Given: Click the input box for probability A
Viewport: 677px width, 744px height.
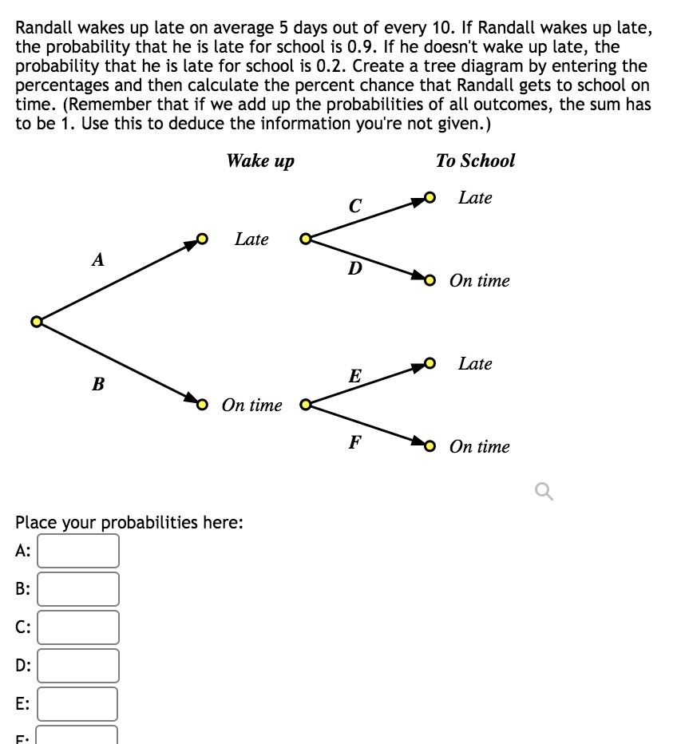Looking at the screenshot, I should (78, 551).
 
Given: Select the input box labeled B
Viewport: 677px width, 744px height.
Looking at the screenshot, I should (78, 589).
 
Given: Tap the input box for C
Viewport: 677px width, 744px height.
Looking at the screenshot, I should (78, 627).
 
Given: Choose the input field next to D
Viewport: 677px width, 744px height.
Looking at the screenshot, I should (78, 666).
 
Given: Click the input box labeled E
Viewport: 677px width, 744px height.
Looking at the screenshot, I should (78, 704).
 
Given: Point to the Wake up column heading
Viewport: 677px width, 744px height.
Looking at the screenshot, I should (260, 161).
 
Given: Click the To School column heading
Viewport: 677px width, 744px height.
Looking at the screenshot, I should (475, 161).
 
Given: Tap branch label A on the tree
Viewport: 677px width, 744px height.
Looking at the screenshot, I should (98, 259).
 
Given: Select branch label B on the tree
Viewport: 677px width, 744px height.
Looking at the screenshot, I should (98, 385).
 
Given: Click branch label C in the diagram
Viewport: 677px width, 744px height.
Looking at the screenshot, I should (355, 206).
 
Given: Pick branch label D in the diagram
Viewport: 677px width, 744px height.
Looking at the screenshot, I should (355, 268).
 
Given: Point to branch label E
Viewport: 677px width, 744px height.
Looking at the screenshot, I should (355, 376).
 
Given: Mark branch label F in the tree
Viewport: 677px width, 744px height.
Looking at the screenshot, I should (355, 441).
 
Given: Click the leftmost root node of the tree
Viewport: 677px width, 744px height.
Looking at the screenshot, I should (35, 322).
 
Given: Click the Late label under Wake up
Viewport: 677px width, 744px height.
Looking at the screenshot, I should (251, 239).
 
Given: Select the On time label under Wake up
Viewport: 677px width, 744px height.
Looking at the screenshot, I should (252, 406).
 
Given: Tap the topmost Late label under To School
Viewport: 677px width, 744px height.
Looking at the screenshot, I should (475, 198).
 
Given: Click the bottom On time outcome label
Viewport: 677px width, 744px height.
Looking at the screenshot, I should (479, 447).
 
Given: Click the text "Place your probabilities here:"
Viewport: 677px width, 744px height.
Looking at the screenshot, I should (129, 523).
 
